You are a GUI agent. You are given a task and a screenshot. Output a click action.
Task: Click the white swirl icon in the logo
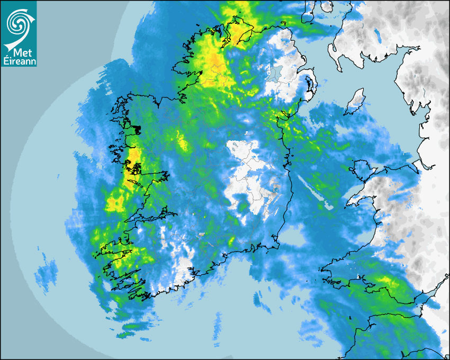[18, 21]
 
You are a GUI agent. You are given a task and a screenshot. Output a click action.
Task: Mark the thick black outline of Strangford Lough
[309, 85]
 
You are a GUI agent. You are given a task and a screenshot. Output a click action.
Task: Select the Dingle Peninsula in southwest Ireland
[111, 249]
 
